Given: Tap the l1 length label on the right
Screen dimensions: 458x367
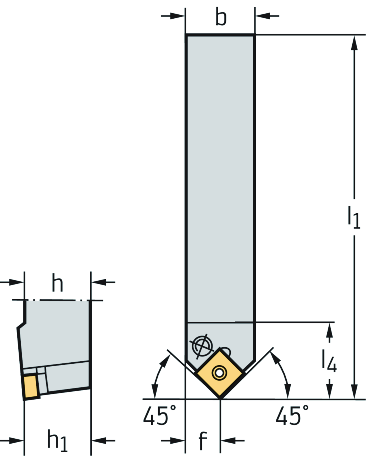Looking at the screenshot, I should tap(354, 216).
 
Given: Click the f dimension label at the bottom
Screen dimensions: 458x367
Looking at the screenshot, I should tap(202, 440).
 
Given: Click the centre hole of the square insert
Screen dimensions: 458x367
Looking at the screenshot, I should tap(218, 373).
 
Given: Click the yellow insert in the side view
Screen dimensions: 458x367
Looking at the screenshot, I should tap(31, 386).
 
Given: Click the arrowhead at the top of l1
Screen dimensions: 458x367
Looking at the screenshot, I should tap(354, 43).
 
